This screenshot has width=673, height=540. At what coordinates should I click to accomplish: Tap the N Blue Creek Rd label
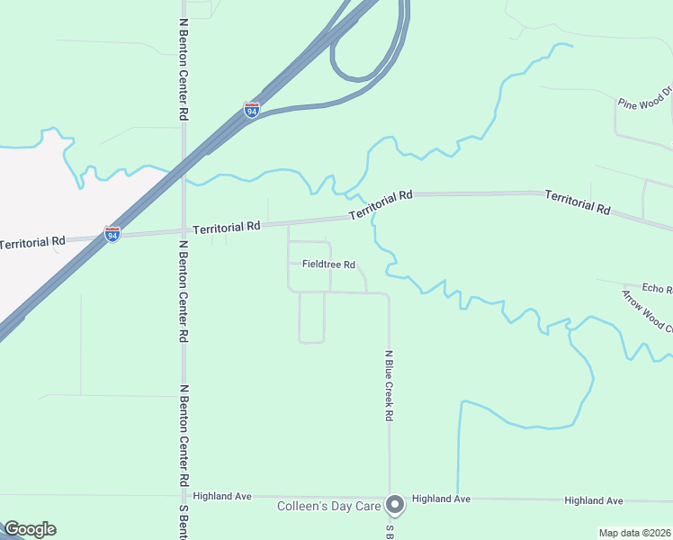coord(390,386)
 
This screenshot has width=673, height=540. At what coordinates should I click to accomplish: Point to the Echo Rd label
coord(657,289)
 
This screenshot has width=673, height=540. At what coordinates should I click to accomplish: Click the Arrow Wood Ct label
coord(647,311)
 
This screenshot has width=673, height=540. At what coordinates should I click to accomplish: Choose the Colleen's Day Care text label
coord(328,507)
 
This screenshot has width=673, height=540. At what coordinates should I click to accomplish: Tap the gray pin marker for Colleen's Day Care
coord(394,505)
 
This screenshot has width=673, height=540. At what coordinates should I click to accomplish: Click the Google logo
coord(30,529)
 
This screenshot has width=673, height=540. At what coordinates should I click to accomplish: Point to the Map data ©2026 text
coord(634,533)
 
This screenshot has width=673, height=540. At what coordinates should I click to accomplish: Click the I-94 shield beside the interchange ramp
coord(252,111)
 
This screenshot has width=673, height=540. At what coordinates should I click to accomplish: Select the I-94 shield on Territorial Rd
coord(112,234)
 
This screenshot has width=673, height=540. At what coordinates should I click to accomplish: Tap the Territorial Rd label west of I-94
coord(32,242)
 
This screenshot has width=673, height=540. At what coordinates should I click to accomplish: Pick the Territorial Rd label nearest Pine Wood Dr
coord(578,201)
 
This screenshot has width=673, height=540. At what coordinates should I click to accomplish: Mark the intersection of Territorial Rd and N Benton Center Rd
coord(184,230)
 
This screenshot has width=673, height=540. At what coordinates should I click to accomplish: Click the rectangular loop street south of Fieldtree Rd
coord(311,317)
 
